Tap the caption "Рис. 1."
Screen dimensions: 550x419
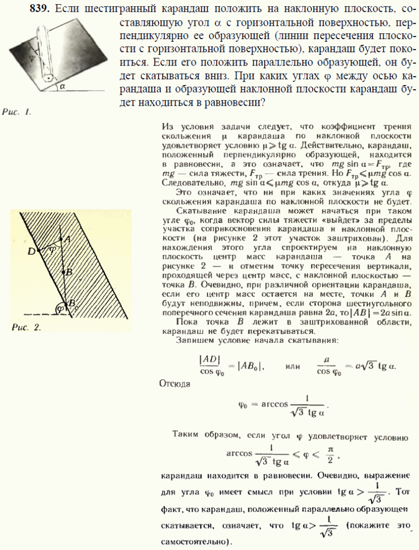point(17,111)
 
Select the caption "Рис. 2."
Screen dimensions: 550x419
point(26,327)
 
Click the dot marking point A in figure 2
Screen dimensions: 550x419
point(60,239)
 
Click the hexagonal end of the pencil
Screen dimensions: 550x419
point(48,78)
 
